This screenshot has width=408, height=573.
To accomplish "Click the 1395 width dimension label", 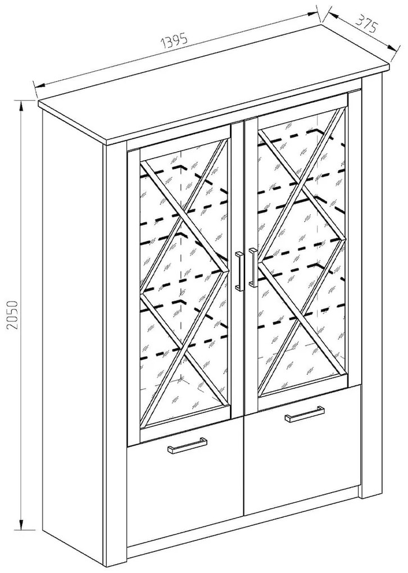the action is [x=175, y=42].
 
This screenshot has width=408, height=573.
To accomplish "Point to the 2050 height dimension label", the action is [x=12, y=316].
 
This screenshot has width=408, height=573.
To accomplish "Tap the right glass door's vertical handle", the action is [x=252, y=266].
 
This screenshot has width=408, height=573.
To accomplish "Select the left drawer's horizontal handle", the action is [x=187, y=445].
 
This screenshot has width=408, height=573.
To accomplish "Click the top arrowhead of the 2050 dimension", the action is [x=21, y=106].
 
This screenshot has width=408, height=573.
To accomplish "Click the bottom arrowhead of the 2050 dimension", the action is [x=21, y=522].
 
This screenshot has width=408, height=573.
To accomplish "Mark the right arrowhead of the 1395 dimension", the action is [x=313, y=14].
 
